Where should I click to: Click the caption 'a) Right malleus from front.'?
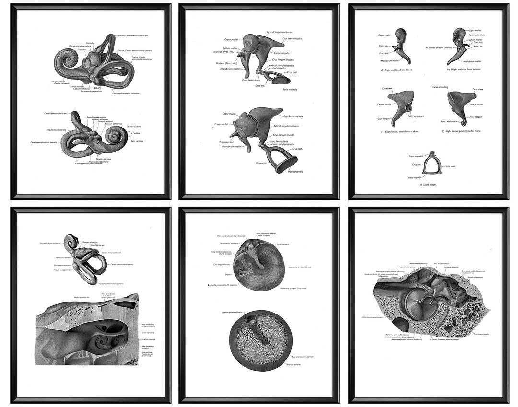[396, 70]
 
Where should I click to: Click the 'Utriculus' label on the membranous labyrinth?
[90, 43]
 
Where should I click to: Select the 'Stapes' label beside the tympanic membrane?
[228, 275]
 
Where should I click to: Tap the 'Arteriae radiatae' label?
[293, 365]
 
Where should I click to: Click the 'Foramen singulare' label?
[149, 339]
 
